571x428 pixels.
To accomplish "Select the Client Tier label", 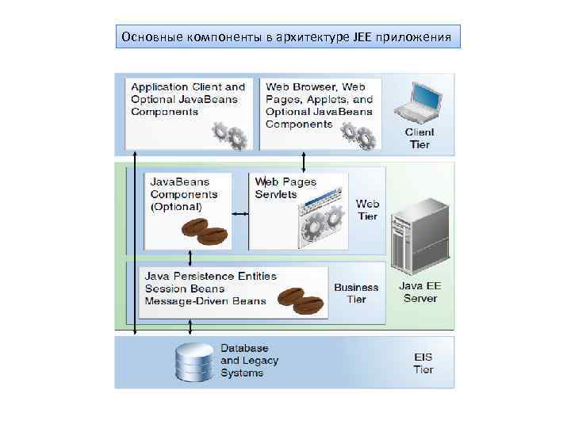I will click(x=420, y=138).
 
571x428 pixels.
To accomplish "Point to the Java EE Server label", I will click(x=419, y=292).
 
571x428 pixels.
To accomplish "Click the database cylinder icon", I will click(x=194, y=363).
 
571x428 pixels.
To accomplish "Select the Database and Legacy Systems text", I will click(x=250, y=361).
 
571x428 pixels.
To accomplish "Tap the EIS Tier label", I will click(x=423, y=364).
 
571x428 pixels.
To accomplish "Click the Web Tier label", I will click(x=367, y=210).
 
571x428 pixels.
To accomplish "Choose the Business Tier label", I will click(x=356, y=293).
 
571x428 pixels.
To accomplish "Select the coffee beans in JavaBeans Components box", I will click(x=203, y=231).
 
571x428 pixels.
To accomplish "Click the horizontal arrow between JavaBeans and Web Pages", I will click(x=240, y=213).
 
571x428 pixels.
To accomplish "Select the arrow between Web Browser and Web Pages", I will click(x=304, y=162).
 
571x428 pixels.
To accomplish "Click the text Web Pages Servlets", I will click(x=285, y=188).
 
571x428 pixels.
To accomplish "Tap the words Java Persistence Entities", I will click(x=211, y=276).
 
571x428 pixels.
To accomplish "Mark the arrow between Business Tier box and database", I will click(x=190, y=327).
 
